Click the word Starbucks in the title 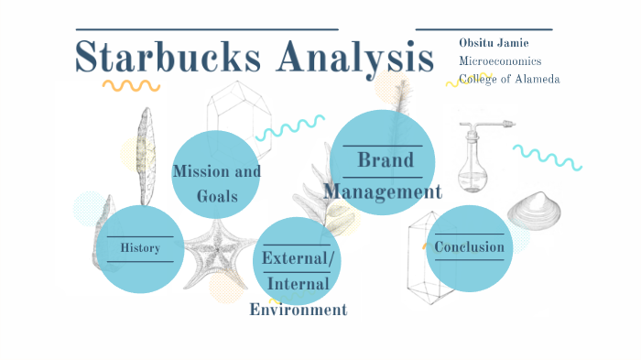pyautogui.click(x=170, y=58)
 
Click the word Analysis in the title pyautogui.click(x=353, y=58)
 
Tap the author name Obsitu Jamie pyautogui.click(x=495, y=43)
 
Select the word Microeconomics pyautogui.click(x=500, y=61)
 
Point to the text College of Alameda pyautogui.click(x=509, y=80)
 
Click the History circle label pyautogui.click(x=140, y=248)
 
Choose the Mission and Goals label pyautogui.click(x=216, y=183)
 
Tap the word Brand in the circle pyautogui.click(x=385, y=160)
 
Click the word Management pyautogui.click(x=383, y=191)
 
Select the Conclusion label pyautogui.click(x=469, y=247)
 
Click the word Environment pyautogui.click(x=299, y=310)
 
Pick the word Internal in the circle pyautogui.click(x=298, y=284)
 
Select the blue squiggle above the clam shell pyautogui.click(x=547, y=157)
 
